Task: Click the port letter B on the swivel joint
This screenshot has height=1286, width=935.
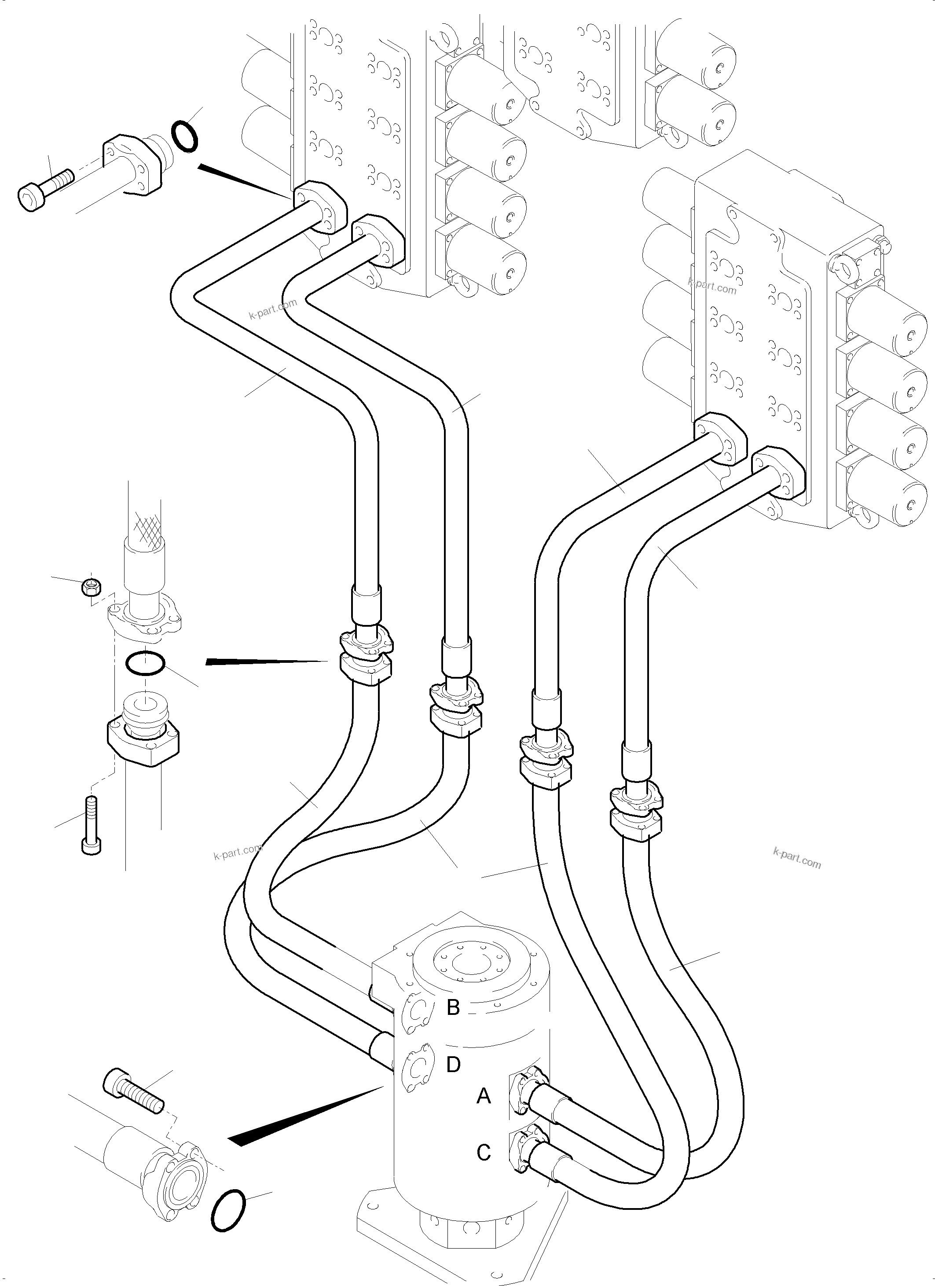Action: point(453,1007)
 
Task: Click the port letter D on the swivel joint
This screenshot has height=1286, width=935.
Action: point(453,1065)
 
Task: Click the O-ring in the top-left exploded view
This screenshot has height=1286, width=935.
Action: point(184,136)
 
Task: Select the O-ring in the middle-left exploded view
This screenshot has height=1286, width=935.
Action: point(145,663)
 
